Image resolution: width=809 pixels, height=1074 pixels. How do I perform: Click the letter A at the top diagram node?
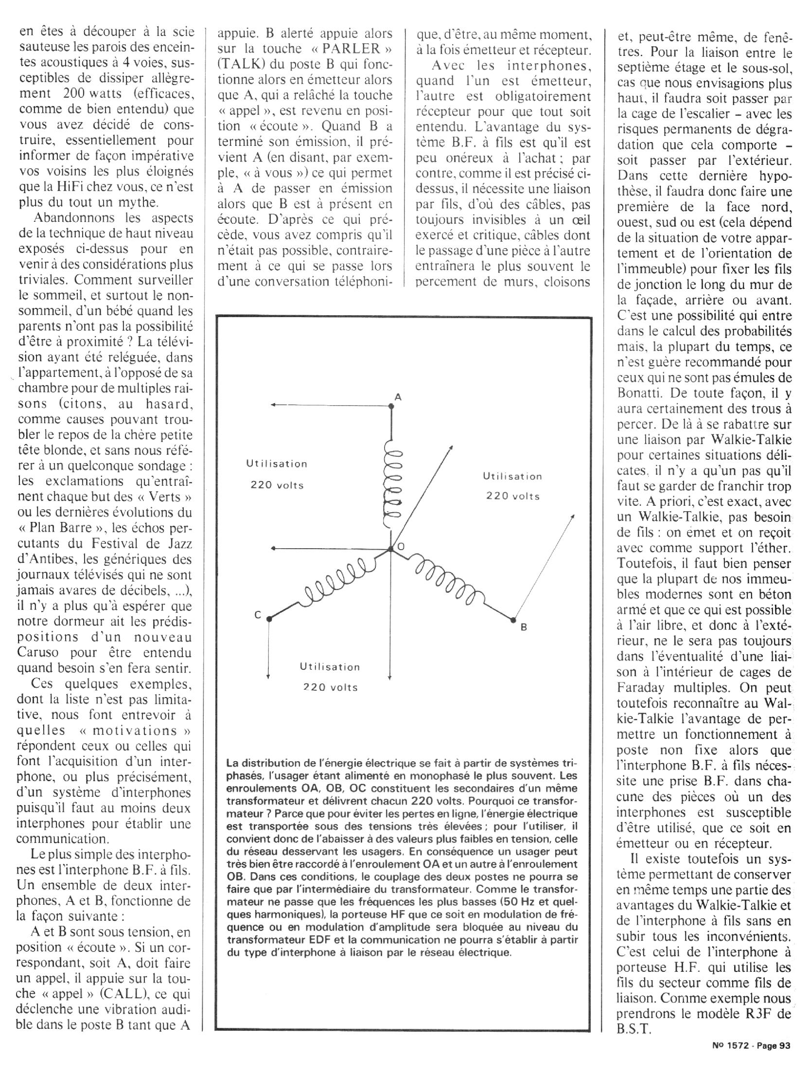point(398,397)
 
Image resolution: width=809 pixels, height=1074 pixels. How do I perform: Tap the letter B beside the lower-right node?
point(524,627)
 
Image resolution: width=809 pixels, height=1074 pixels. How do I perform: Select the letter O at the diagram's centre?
point(401,547)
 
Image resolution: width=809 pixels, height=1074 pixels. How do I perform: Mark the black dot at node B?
point(513,620)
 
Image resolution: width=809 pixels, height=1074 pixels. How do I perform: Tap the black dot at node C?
point(269,619)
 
